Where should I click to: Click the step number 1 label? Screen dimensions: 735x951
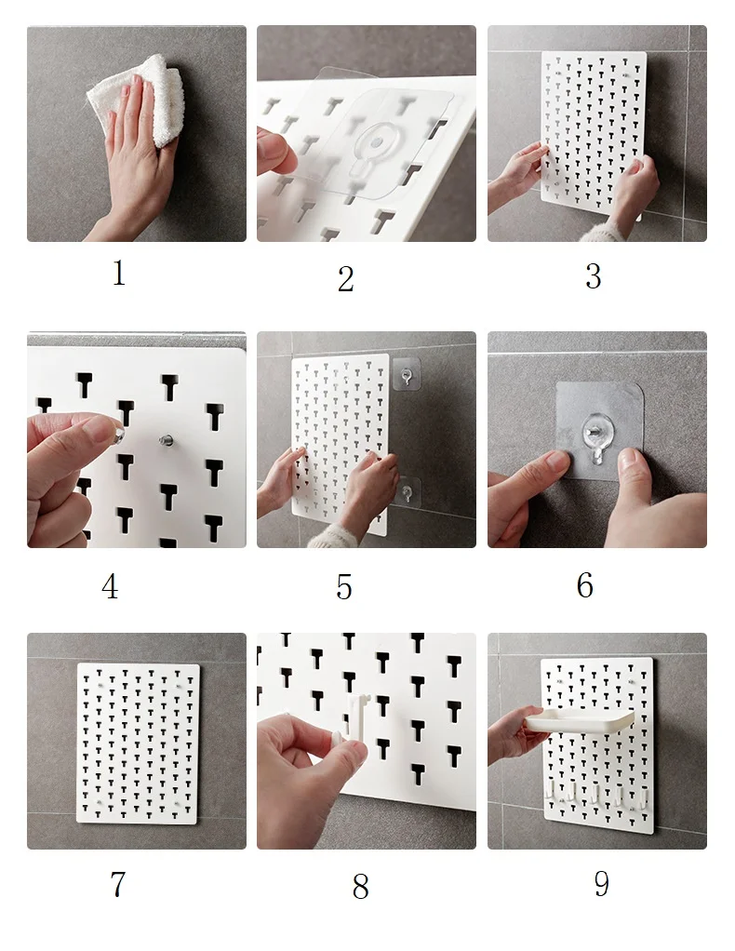point(119,273)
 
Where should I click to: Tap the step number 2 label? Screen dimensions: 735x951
point(346,279)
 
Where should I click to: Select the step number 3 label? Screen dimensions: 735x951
point(593,276)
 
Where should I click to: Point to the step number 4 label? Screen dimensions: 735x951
point(110,586)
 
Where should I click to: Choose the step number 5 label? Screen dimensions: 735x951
point(344,587)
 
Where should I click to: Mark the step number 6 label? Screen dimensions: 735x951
point(584,585)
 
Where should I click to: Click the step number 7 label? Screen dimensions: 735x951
point(117,884)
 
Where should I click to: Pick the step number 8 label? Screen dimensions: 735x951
point(360,887)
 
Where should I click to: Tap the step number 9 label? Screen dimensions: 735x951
point(601,884)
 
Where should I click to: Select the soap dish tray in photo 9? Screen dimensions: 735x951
point(579,720)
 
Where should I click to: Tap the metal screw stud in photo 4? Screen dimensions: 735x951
point(166,440)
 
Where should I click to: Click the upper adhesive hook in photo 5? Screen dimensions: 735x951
point(406,375)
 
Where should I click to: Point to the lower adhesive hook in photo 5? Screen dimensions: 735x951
point(408,490)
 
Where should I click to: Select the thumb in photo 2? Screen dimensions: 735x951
point(276,152)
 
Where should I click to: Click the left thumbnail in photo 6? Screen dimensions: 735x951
point(556,460)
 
